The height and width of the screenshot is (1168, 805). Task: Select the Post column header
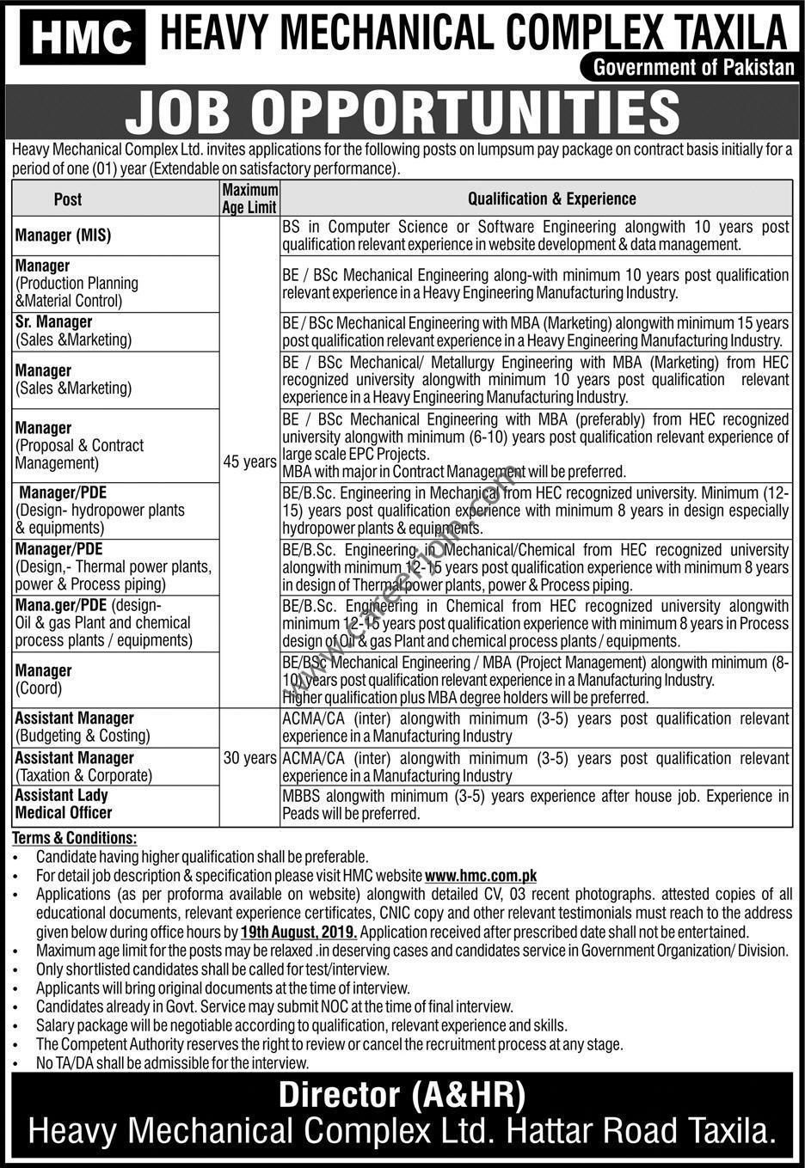point(68,199)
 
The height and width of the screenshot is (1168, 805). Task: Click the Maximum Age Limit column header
point(249,198)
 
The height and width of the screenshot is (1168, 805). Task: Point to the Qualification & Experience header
point(551,199)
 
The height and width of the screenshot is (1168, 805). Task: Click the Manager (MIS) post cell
point(63,235)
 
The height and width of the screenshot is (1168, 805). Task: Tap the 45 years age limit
point(249,462)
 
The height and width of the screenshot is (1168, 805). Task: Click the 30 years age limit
point(249,758)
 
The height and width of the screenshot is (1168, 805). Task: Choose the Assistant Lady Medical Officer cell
point(63,804)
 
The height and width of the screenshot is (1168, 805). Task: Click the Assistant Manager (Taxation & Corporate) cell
point(83,767)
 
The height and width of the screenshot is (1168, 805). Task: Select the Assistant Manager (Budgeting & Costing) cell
point(82,726)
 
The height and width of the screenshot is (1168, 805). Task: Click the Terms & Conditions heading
point(74,838)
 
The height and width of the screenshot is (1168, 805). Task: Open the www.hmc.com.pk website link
point(481,876)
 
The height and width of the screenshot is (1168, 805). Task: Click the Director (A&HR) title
point(402,1095)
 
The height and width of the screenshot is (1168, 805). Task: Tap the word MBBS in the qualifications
point(302,796)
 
